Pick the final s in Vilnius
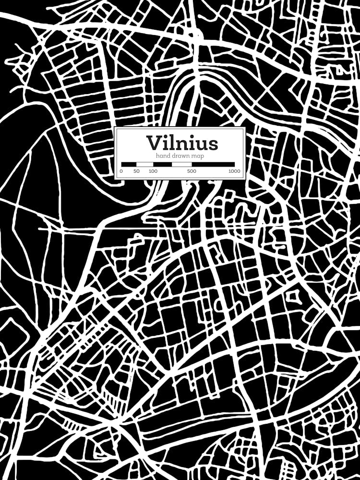coord(213,144)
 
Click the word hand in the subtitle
coord(163,156)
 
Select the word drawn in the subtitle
coord(180,156)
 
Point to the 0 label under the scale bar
coord(121,171)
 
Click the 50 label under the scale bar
coord(136,171)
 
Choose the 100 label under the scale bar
coord(153,171)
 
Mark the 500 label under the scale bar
coord(192,171)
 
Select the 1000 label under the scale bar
coord(234,171)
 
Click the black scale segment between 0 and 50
coord(129,164)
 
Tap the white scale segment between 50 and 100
coord(145,164)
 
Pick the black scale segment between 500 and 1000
coord(213,164)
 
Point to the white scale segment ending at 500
coord(181,164)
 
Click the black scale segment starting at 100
coord(162,164)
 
